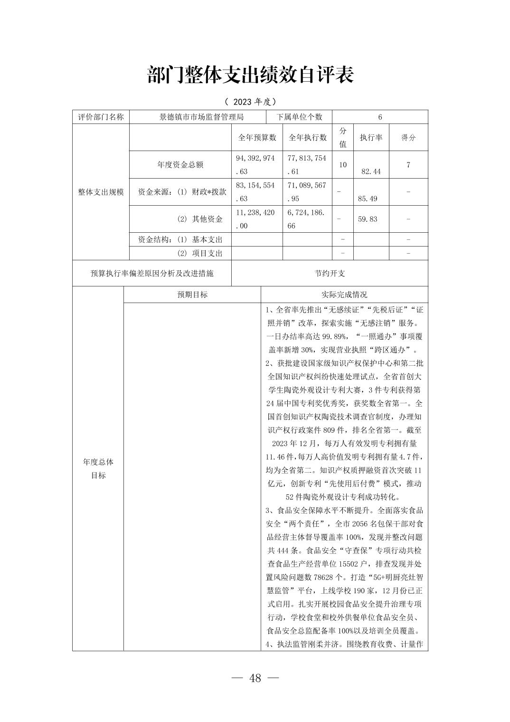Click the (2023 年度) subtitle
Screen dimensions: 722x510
pos(250,102)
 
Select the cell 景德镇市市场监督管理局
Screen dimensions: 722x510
pos(202,117)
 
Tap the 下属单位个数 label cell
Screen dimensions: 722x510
pos(299,117)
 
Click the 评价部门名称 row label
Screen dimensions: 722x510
pos(101,117)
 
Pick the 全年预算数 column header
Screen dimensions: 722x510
pos(257,137)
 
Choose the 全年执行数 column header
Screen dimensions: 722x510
pos(308,137)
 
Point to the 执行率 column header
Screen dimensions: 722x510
pos(371,137)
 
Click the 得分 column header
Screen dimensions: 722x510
pos(408,137)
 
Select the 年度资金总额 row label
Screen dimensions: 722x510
pos(180,165)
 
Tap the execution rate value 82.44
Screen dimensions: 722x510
pos(371,171)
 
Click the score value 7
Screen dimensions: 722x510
pos(408,165)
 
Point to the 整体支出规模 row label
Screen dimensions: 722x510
pos(101,192)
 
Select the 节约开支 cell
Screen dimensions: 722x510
pos(330,273)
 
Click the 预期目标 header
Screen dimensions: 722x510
pos(192,294)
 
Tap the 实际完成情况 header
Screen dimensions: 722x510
pos(344,294)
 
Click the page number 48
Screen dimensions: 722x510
pos(255,678)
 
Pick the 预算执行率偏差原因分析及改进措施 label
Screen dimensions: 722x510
pos(152,273)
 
